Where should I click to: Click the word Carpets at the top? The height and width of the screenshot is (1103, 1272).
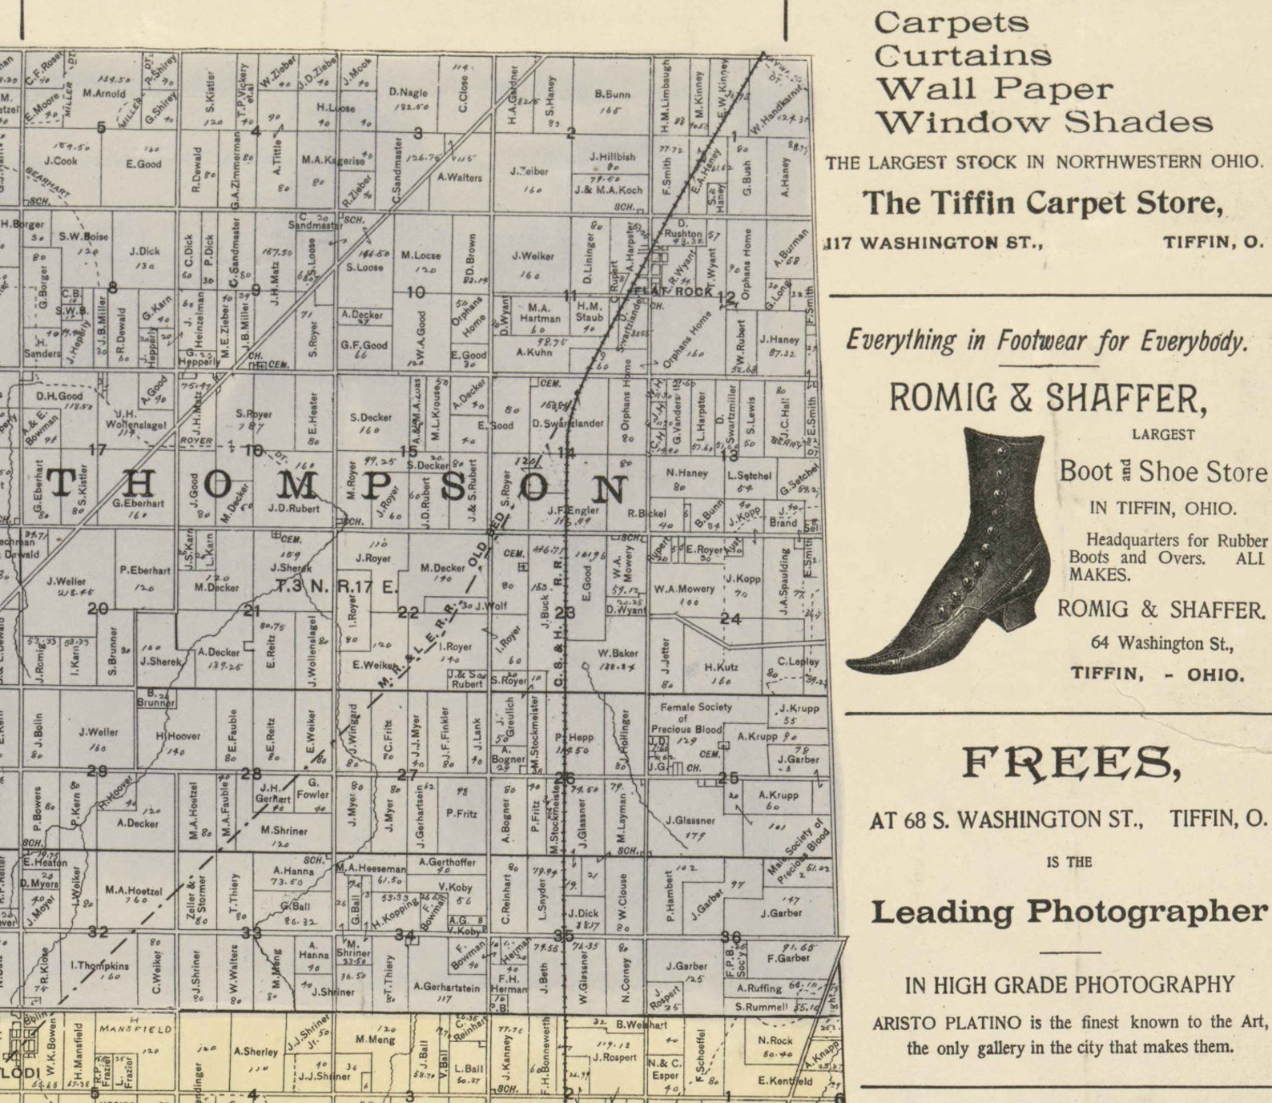pyautogui.click(x=951, y=22)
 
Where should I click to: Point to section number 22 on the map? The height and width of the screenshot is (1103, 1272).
pyautogui.click(x=408, y=613)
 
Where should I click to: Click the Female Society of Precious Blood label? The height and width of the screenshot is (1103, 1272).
pyautogui.click(x=690, y=719)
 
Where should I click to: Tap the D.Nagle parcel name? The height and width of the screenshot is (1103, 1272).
pyautogui.click(x=409, y=93)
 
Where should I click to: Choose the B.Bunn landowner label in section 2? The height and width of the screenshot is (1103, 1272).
pyautogui.click(x=612, y=94)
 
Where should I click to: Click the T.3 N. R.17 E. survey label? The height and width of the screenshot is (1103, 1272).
pyautogui.click(x=336, y=586)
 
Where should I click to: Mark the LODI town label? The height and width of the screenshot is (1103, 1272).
pyautogui.click(x=19, y=1073)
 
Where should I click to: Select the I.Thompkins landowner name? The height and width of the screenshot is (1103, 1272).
pyautogui.click(x=100, y=965)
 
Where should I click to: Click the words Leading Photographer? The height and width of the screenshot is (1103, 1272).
pyautogui.click(x=1069, y=912)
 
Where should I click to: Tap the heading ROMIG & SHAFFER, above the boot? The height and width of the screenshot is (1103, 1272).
pyautogui.click(x=1048, y=397)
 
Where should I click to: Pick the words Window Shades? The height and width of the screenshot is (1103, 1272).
pyautogui.click(x=1043, y=123)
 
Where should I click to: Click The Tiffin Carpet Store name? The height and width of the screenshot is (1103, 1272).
pyautogui.click(x=1042, y=203)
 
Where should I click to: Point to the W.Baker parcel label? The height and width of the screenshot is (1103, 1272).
pyautogui.click(x=618, y=653)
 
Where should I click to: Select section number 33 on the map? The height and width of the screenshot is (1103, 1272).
pyautogui.click(x=252, y=932)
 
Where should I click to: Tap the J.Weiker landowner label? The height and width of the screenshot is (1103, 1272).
pyautogui.click(x=533, y=256)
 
